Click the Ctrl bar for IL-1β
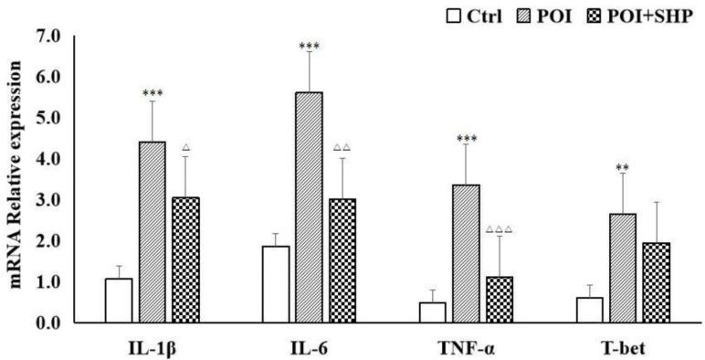tap(119, 301)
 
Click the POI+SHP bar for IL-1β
tap(185, 259)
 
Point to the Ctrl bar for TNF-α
tap(433, 312)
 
